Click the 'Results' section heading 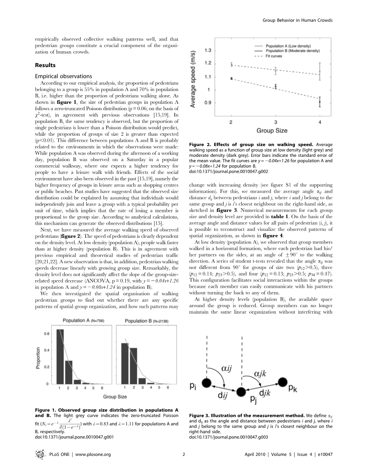45,65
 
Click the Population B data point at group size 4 320,102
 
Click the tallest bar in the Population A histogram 60,356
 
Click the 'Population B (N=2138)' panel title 147,321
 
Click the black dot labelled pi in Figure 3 207,383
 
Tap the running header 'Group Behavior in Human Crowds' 297,20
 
